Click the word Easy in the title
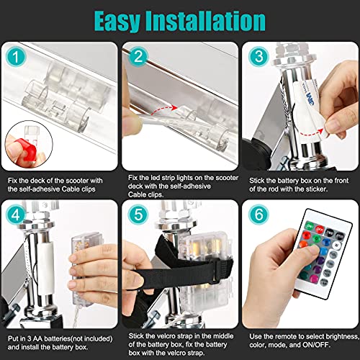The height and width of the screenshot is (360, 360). (117, 22)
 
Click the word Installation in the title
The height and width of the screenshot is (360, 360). (206, 21)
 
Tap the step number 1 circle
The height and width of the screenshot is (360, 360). (16, 57)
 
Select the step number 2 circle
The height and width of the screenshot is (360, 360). (138, 56)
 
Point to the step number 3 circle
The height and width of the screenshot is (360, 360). (258, 56)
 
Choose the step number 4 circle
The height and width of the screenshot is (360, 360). (16, 215)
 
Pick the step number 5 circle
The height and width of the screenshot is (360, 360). (138, 215)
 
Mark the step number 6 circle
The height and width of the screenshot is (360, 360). (258, 215)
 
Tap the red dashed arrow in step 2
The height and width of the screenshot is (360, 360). (163, 109)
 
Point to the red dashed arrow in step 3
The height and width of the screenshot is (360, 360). (310, 132)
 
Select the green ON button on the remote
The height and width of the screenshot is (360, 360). (310, 226)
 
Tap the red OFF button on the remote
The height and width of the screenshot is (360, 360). (320, 229)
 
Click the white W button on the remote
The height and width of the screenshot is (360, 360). (337, 246)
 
